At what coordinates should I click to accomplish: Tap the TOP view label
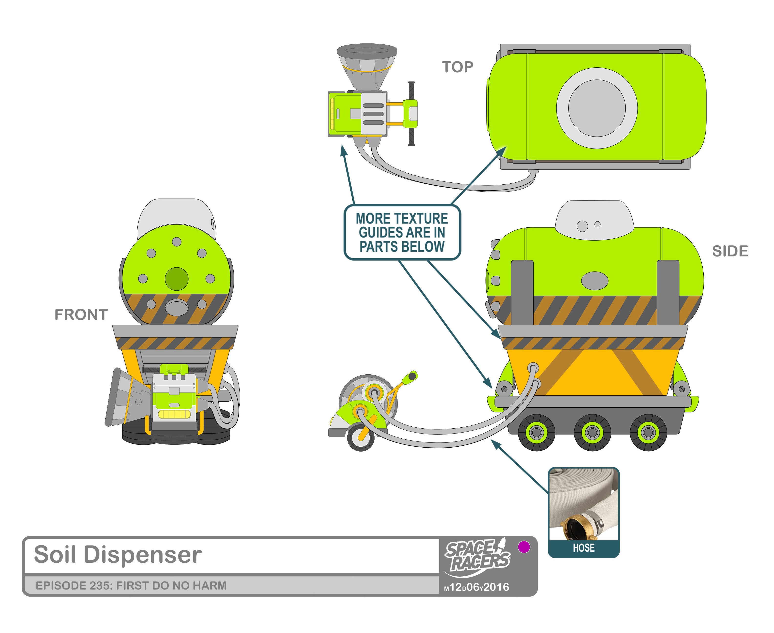pyautogui.click(x=457, y=67)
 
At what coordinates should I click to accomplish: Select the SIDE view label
pyautogui.click(x=730, y=251)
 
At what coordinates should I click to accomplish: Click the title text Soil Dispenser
pyautogui.click(x=118, y=555)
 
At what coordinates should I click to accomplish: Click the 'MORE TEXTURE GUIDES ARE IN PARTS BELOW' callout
pyautogui.click(x=402, y=232)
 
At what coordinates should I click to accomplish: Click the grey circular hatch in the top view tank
pyautogui.click(x=597, y=108)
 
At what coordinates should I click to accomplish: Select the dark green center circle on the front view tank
pyautogui.click(x=177, y=279)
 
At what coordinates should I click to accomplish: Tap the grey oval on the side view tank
pyautogui.click(x=594, y=281)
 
